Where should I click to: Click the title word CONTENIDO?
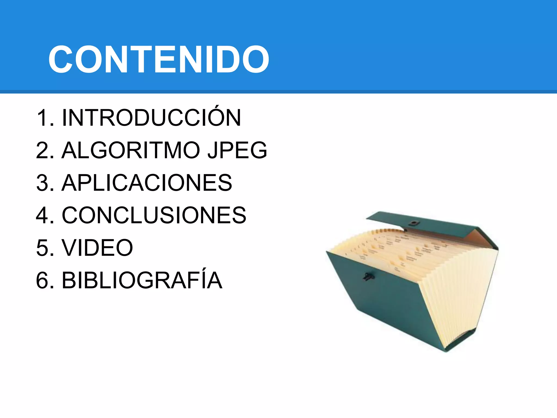pyautogui.click(x=159, y=59)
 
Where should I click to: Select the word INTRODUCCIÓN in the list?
pyautogui.click(x=151, y=118)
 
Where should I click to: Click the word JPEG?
pyautogui.click(x=237, y=150)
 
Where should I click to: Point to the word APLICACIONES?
pyautogui.click(x=147, y=183)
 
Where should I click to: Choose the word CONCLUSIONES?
pyautogui.click(x=154, y=215)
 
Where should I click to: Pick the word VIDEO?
pyautogui.click(x=97, y=248)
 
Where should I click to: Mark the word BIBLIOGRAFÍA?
pyautogui.click(x=142, y=280)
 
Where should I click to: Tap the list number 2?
pyautogui.click(x=42, y=150)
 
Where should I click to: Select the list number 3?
pyautogui.click(x=42, y=183)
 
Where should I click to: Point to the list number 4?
pyautogui.click(x=42, y=216)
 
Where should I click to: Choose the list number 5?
pyautogui.click(x=42, y=248)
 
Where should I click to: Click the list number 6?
pyautogui.click(x=42, y=281)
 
